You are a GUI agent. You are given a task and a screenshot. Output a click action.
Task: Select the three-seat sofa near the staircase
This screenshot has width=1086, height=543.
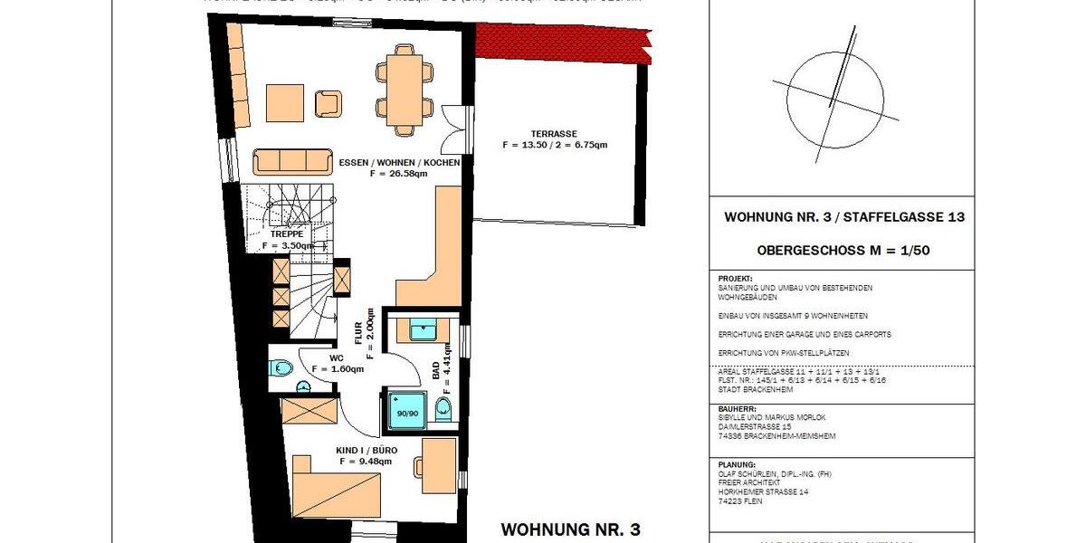click(291, 161)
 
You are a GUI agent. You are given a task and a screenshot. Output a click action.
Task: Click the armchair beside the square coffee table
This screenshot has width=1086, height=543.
click(327, 104)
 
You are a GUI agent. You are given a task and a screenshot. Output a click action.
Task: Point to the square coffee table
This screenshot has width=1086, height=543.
click(285, 103)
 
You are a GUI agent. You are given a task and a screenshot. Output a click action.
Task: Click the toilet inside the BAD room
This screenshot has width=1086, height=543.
click(443, 409)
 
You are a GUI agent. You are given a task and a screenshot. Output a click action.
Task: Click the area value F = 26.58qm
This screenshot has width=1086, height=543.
click(399, 174)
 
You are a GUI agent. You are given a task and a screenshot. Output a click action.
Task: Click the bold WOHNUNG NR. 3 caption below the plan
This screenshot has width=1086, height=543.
click(570, 529)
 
